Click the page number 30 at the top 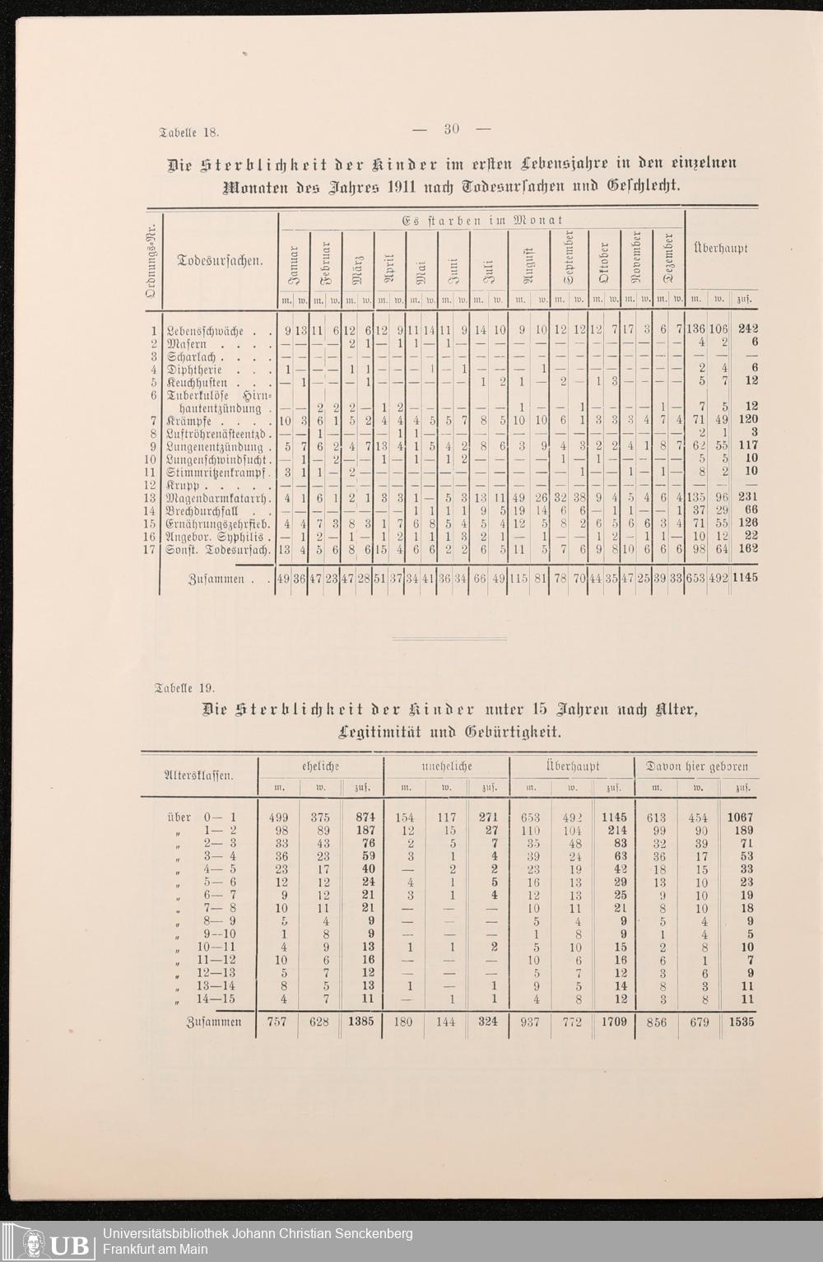click(451, 128)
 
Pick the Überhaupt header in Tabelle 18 click(721, 248)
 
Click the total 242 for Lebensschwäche click(747, 330)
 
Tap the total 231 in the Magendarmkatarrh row click(746, 497)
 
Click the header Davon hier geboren click(697, 766)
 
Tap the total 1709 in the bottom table click(613, 1022)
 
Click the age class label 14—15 click(216, 999)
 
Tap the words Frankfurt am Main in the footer click(155, 1250)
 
